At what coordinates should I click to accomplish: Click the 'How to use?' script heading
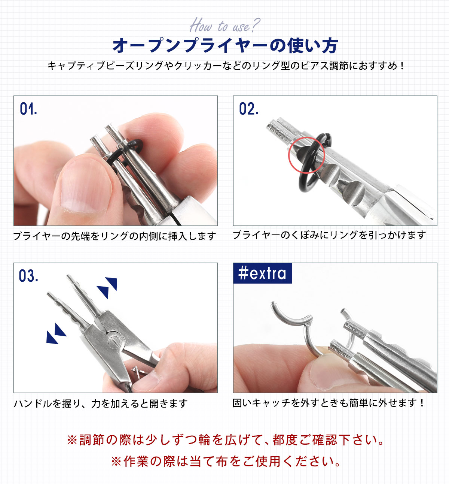click(x=225, y=25)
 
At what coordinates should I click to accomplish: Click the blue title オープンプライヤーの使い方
click(x=225, y=46)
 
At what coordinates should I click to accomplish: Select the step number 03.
click(x=28, y=276)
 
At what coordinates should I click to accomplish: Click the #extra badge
click(x=262, y=273)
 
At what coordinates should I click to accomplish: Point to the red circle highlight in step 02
click(x=306, y=155)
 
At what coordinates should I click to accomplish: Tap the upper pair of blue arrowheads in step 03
click(x=107, y=288)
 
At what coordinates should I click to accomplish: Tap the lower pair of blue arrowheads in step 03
click(x=56, y=334)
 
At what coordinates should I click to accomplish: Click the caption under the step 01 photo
click(x=114, y=236)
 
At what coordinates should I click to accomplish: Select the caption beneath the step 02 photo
click(x=329, y=235)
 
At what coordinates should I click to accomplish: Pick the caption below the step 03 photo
click(x=101, y=403)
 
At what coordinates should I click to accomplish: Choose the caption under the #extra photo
click(x=329, y=403)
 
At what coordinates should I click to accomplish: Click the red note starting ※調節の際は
click(x=225, y=440)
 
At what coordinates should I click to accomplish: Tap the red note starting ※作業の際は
click(x=225, y=461)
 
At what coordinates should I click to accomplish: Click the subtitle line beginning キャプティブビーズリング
click(x=225, y=66)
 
